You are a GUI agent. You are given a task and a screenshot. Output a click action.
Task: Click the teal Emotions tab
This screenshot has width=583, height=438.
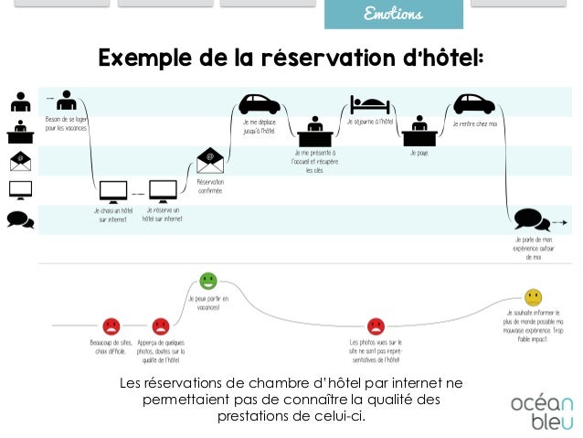[393, 15]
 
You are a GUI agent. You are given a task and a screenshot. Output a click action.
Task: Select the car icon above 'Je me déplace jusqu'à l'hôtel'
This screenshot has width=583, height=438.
[260, 103]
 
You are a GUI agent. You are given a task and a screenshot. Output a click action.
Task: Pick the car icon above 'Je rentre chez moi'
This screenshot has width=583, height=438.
[473, 103]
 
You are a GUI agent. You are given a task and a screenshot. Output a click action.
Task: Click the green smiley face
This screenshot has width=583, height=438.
[208, 280]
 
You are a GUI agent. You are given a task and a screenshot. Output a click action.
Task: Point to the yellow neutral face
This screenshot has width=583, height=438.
[534, 297]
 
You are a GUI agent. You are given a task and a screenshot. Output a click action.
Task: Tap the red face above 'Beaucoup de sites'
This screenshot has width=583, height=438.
[111, 325]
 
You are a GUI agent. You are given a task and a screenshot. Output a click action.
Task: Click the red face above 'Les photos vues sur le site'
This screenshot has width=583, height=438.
[375, 325]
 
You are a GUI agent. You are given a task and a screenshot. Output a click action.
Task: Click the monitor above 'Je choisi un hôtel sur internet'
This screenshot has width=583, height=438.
[113, 192]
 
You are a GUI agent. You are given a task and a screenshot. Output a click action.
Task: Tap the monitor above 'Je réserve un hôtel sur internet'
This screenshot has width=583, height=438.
[163, 192]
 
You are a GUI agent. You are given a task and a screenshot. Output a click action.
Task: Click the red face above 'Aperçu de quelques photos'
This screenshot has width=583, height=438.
[161, 325]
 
